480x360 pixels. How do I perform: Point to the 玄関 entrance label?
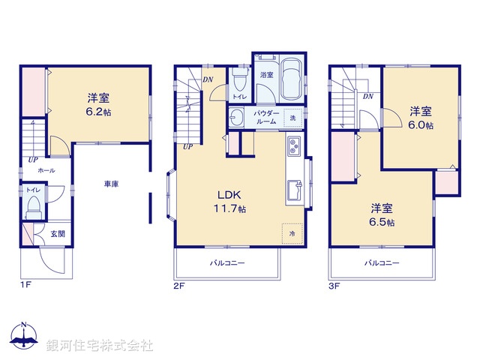pos(58,234)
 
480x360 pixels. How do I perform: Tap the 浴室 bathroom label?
pos(266,75)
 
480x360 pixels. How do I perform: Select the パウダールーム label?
pos(268,117)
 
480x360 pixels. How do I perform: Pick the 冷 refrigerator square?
pos(292,232)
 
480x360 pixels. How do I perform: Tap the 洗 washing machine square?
pos(293,118)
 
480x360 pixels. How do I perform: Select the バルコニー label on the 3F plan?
pos(382,263)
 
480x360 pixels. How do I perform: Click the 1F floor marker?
pos(25,285)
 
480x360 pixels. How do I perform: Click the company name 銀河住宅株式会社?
pos(100,345)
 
